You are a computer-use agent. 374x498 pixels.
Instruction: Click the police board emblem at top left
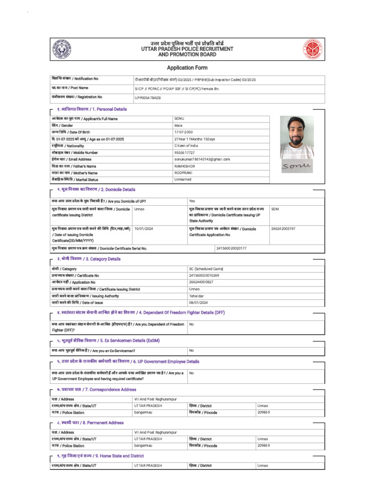tap(62, 49)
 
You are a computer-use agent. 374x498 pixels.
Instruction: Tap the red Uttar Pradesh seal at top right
tap(312, 49)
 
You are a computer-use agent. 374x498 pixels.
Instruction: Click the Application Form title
tap(187, 68)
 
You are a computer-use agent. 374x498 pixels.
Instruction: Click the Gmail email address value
tap(202, 159)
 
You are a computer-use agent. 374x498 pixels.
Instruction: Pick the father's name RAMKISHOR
tap(186, 166)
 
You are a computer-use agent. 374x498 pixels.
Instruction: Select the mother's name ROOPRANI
tap(185, 173)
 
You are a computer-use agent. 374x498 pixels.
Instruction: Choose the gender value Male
tap(179, 125)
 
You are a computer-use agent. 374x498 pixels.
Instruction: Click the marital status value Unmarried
tap(183, 179)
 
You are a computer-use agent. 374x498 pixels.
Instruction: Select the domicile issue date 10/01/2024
tap(144, 228)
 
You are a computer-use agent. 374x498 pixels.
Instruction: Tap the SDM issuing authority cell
tap(275, 209)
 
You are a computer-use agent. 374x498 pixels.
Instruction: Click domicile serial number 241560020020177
tap(231, 248)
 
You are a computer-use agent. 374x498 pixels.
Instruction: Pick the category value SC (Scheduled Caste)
tap(206, 268)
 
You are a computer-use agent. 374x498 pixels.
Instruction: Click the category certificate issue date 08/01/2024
tap(198, 302)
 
